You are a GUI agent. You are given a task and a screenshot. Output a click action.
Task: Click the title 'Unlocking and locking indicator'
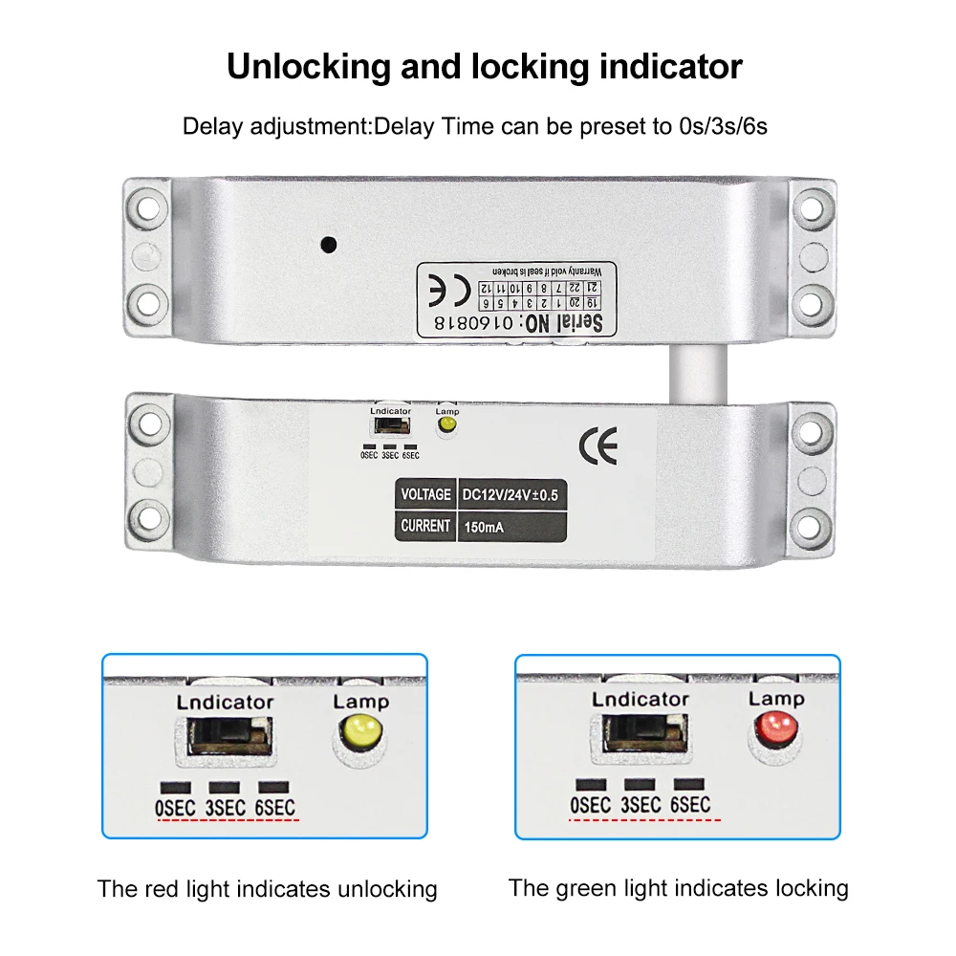(x=484, y=67)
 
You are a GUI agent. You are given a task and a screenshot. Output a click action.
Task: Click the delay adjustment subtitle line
(x=475, y=126)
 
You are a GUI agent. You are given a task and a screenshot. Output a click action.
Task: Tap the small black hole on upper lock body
(x=329, y=244)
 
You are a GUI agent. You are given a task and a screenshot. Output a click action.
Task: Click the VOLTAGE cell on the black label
(x=425, y=494)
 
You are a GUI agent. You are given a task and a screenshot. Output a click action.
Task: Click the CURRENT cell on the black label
(x=425, y=526)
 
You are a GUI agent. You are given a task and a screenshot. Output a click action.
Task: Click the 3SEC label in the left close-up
(x=226, y=808)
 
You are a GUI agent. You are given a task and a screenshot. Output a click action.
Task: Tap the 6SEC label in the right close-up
(x=690, y=805)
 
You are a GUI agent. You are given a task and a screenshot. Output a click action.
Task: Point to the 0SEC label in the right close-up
(x=590, y=805)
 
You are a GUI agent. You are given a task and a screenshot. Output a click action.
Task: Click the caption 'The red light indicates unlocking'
(x=267, y=889)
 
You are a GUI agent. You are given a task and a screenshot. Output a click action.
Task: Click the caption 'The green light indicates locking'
(x=678, y=888)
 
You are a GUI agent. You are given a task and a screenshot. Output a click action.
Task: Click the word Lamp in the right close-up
(x=776, y=698)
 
